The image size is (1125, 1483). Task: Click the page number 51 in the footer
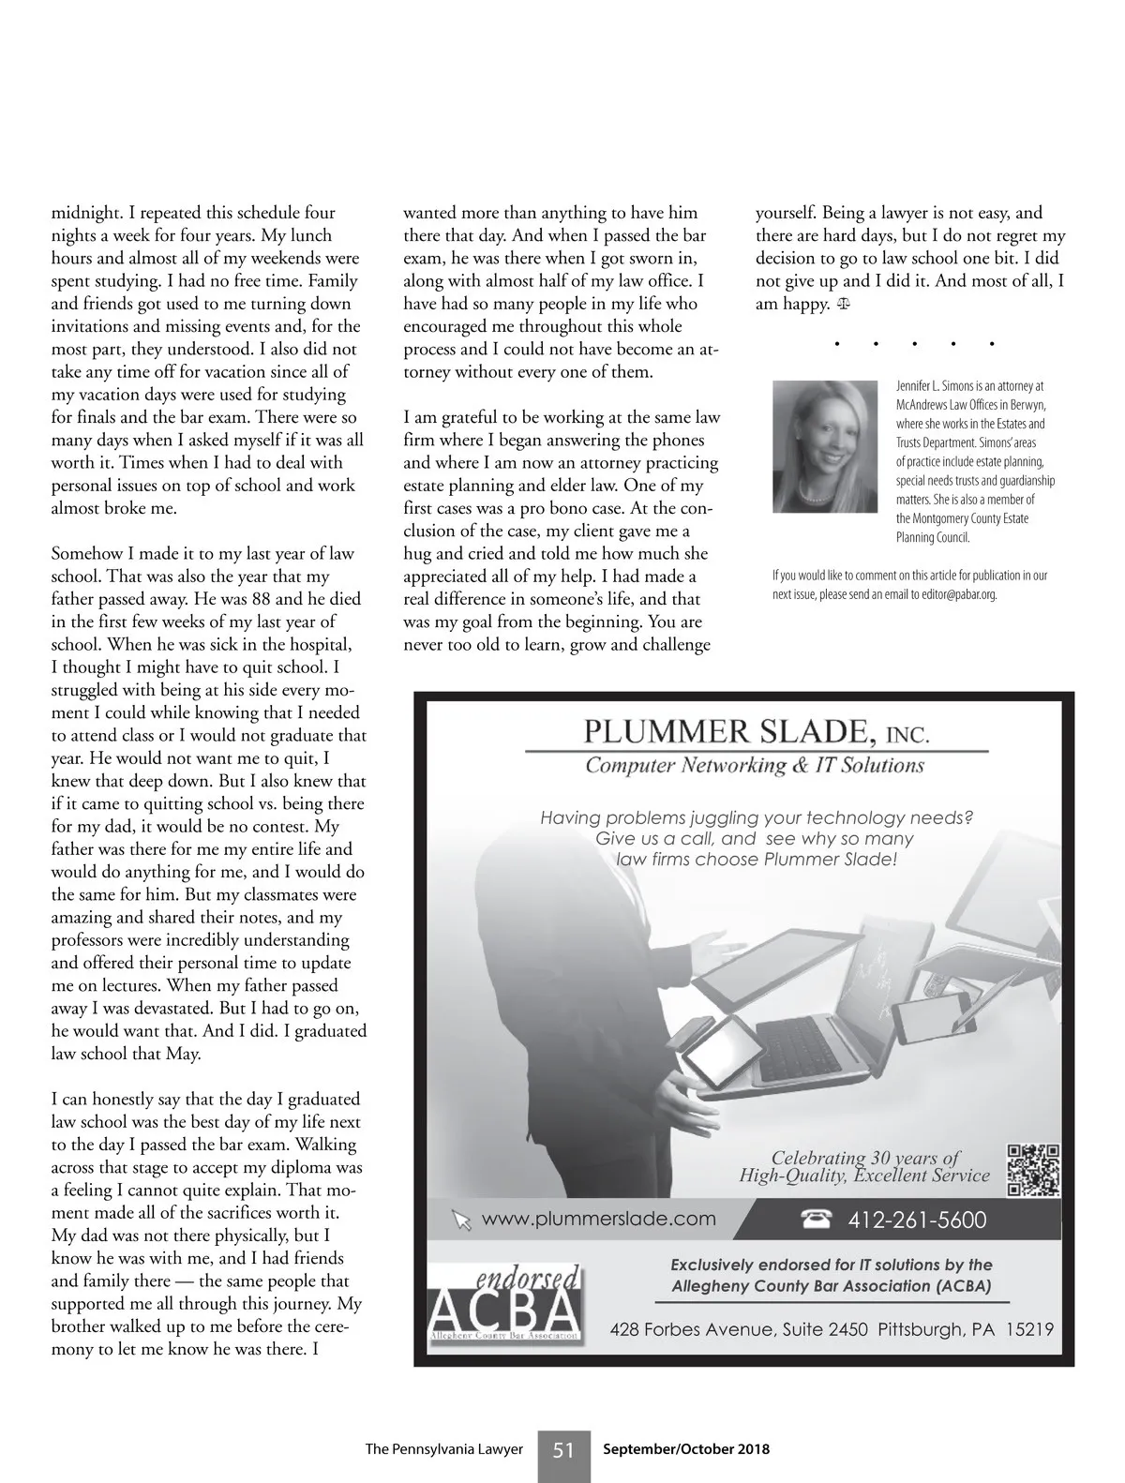point(563,1449)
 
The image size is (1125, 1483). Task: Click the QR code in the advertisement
point(1033,1171)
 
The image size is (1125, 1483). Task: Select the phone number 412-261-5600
point(917,1220)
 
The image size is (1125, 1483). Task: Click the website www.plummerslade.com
point(598,1219)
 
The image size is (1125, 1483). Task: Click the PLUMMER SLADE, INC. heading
point(756,730)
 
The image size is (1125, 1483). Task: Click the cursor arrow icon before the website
point(460,1220)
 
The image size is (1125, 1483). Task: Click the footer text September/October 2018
point(686,1449)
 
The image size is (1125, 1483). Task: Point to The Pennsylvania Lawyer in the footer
point(443,1449)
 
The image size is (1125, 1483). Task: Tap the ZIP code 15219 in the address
point(1029,1329)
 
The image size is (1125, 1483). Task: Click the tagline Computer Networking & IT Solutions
point(755,766)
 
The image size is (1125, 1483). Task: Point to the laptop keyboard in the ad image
point(800,1037)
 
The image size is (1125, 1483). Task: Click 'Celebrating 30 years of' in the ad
point(865,1158)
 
